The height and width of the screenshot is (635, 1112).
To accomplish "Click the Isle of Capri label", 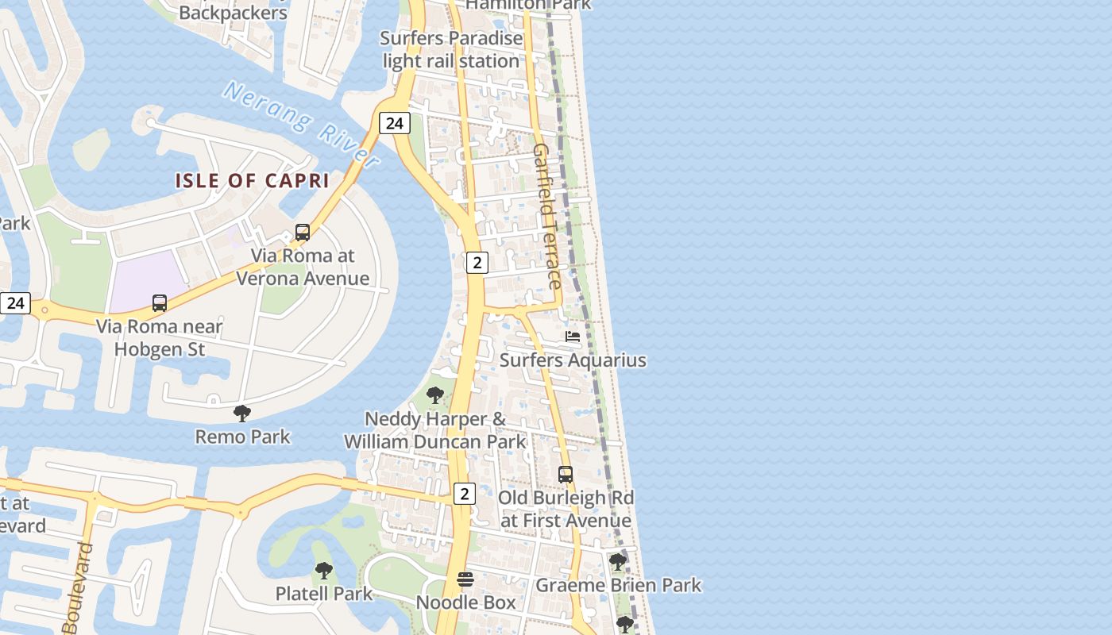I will [252, 181].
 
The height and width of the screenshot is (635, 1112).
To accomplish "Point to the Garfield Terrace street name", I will [548, 216].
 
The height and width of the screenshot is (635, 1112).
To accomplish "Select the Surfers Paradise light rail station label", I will [451, 49].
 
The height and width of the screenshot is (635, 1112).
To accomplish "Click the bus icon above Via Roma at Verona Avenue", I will [303, 233].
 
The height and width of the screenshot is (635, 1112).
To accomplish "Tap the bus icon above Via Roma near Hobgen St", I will [160, 303].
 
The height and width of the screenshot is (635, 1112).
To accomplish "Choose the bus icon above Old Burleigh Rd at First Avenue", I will [566, 475].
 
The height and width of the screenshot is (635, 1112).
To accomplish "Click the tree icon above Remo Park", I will [242, 414].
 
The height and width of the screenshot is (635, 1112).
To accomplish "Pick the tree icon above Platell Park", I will [323, 571].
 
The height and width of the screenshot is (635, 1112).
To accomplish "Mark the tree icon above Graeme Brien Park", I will [617, 562].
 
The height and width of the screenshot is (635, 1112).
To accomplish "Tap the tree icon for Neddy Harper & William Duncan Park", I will [434, 395].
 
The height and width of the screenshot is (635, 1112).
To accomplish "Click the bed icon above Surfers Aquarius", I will [573, 337].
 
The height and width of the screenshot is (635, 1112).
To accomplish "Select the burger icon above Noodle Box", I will [465, 580].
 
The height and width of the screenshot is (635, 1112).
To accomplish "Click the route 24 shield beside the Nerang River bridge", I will [394, 123].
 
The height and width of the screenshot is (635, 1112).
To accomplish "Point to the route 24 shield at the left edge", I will [15, 302].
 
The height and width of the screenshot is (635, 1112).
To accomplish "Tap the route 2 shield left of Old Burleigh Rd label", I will [464, 494].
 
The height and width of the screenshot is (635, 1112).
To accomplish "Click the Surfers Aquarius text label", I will [573, 360].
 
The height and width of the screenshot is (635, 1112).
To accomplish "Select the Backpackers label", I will [233, 13].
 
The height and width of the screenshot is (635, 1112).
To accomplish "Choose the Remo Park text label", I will [242, 437].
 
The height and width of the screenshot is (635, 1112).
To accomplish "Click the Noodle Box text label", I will [465, 602].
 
